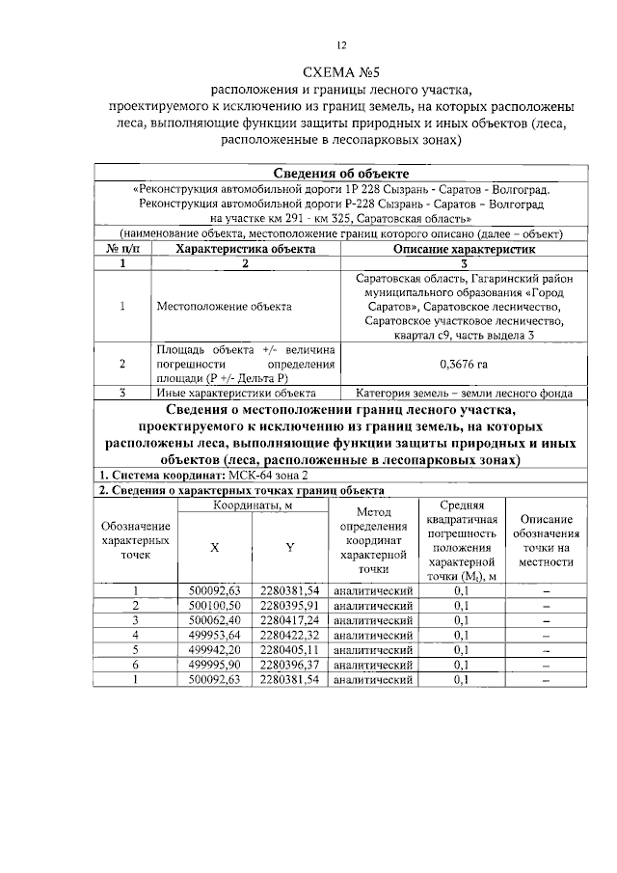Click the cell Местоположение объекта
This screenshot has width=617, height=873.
[224, 307]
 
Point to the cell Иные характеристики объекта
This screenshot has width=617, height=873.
[236, 393]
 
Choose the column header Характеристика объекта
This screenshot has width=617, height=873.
[245, 248]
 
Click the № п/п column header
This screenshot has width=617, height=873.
[122, 248]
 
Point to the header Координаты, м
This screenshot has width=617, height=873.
[253, 505]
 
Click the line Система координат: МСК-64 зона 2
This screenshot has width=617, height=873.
[204, 476]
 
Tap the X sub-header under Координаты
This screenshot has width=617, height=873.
[214, 547]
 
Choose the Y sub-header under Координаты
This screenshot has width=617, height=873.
[289, 547]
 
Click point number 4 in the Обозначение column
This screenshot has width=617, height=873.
[136, 635]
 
